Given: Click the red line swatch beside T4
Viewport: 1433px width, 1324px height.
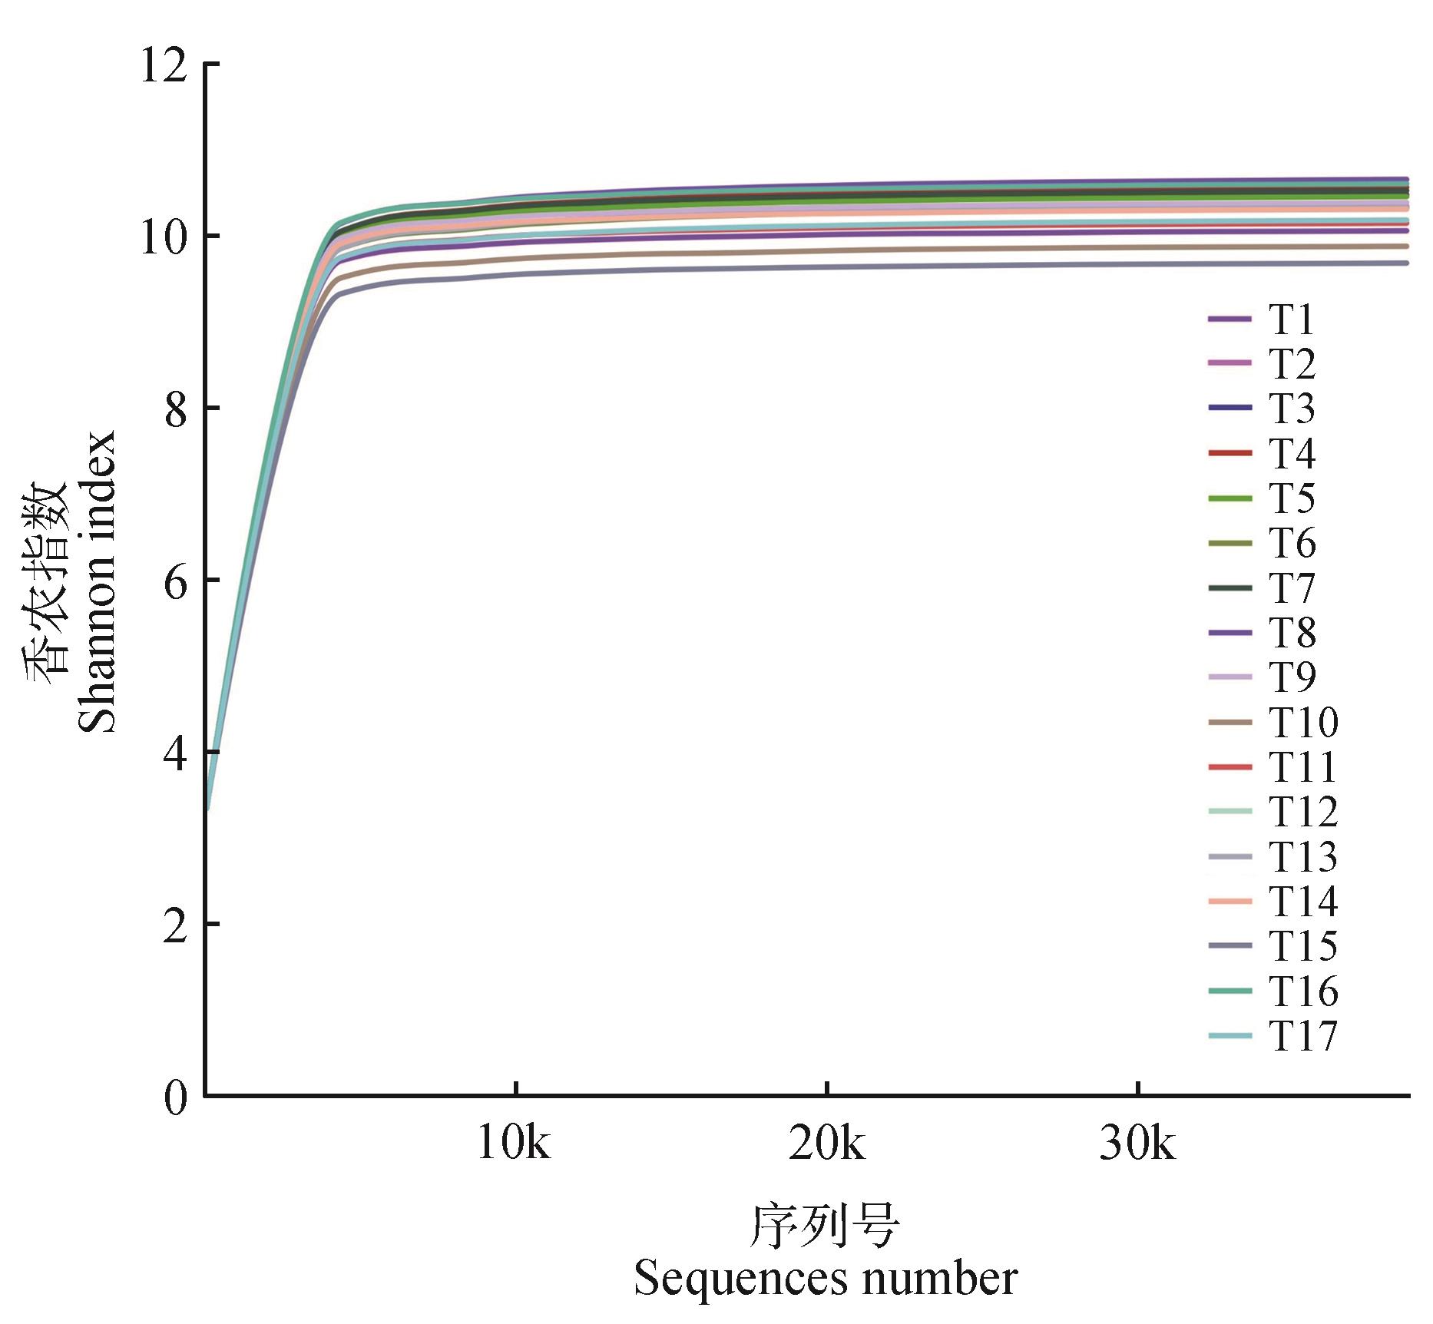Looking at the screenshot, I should coord(1229,453).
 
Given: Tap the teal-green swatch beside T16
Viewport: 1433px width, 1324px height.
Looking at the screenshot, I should coord(1229,991).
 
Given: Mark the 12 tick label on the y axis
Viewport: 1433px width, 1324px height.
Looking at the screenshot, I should coord(163,65).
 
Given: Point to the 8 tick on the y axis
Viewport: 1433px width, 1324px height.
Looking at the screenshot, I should coord(176,409).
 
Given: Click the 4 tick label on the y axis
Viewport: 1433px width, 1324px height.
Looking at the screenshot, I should coord(176,753).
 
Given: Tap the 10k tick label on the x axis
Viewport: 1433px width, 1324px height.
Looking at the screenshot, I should coord(514,1144).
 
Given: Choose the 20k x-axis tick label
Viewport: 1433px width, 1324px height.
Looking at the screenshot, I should coord(826,1144).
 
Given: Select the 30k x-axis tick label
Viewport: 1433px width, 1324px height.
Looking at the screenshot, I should coord(1137,1144).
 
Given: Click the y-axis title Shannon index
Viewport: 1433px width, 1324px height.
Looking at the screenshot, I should coord(98,581).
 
